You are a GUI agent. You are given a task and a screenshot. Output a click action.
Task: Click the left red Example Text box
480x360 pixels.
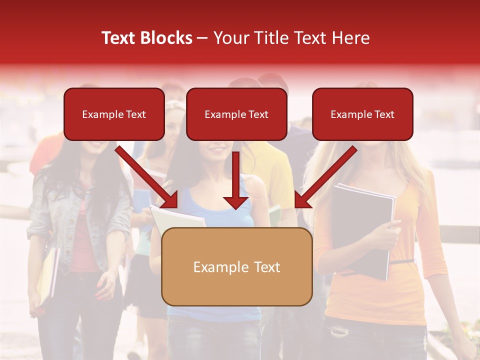(x=114, y=114)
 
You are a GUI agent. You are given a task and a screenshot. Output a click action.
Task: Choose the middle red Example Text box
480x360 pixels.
(x=236, y=114)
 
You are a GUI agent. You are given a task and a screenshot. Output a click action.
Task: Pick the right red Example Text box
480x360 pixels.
(x=362, y=114)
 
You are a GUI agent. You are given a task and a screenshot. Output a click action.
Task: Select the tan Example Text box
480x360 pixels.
(x=236, y=266)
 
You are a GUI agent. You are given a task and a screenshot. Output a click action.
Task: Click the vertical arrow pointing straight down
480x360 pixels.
(x=236, y=180)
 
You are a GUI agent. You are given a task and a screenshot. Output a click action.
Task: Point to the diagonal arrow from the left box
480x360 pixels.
(x=147, y=177)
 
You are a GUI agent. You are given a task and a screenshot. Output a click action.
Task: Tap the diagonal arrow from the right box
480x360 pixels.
(x=325, y=177)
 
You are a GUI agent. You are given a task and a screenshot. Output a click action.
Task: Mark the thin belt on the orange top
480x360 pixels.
(x=403, y=261)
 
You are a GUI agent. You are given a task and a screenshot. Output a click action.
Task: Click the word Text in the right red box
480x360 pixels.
(x=384, y=114)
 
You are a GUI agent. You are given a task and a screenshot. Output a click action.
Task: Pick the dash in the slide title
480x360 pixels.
(x=202, y=38)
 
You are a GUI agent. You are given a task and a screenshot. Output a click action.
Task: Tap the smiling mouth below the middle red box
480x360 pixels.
(x=217, y=149)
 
